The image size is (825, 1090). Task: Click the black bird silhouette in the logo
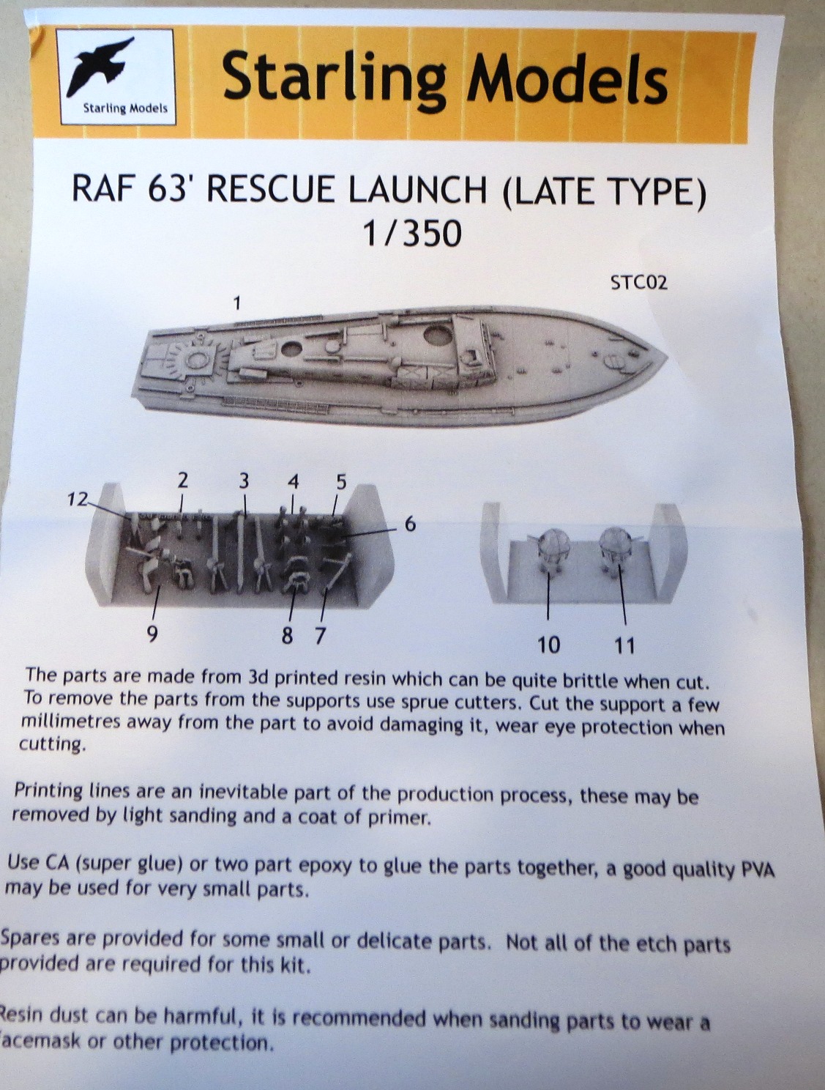pyautogui.click(x=100, y=67)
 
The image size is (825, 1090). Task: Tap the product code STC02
pyautogui.click(x=638, y=283)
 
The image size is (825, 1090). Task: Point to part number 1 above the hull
pyautogui.click(x=237, y=303)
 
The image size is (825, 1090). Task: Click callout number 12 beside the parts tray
pyautogui.click(x=78, y=499)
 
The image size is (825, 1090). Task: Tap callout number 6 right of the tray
pyautogui.click(x=410, y=524)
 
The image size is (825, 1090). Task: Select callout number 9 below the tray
pyautogui.click(x=152, y=634)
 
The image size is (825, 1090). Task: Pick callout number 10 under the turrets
pyautogui.click(x=549, y=645)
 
